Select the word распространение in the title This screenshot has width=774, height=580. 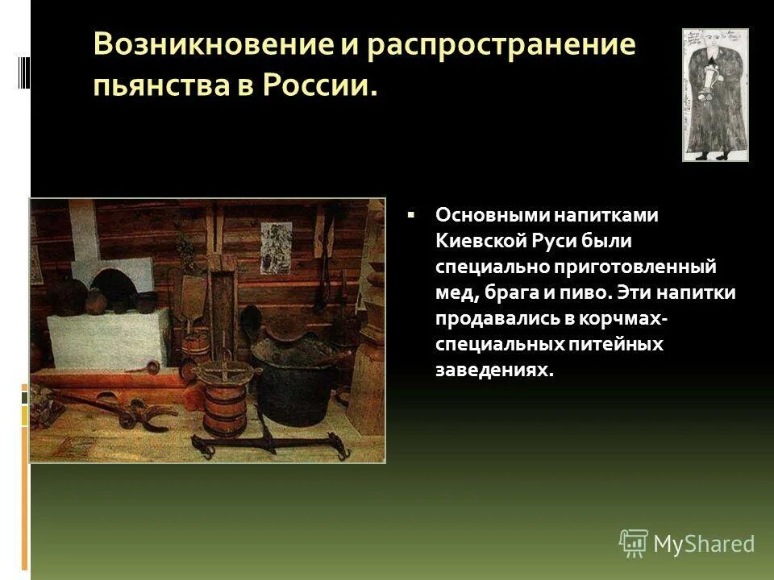(501, 44)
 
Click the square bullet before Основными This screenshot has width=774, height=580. (411, 216)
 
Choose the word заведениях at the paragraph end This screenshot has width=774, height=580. (495, 369)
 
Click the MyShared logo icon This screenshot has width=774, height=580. (633, 544)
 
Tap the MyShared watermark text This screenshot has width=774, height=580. (703, 544)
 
